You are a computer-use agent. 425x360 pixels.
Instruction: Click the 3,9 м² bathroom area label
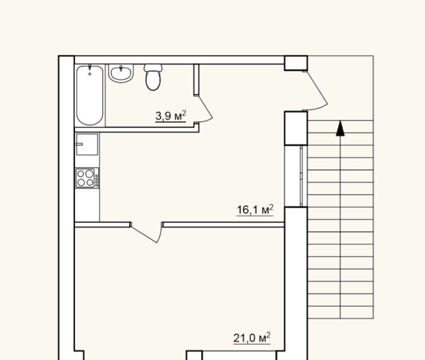[x=171, y=116]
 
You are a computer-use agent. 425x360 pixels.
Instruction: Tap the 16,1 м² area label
[x=255, y=209]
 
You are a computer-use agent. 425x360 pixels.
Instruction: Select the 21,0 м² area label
[x=252, y=338]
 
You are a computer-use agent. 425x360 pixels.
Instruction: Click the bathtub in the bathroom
[x=90, y=95]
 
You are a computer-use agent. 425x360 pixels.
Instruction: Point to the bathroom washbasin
[x=121, y=73]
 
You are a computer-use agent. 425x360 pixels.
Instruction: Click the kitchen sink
[x=87, y=144]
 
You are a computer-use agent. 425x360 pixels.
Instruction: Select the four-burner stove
[x=87, y=178]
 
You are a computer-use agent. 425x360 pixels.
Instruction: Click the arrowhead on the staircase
[x=340, y=128]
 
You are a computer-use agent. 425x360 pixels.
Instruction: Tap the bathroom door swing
[x=206, y=109]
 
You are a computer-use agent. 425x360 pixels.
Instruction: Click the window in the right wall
[x=301, y=176]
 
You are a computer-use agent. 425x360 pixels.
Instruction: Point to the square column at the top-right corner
[x=296, y=63]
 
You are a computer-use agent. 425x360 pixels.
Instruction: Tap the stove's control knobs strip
[x=97, y=178]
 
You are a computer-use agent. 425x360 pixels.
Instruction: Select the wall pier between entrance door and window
[x=296, y=128]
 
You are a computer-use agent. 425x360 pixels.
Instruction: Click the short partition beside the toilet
[x=196, y=80]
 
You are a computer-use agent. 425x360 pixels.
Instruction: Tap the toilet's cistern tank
[x=153, y=68]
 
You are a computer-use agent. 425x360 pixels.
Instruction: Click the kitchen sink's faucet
[x=79, y=144]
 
